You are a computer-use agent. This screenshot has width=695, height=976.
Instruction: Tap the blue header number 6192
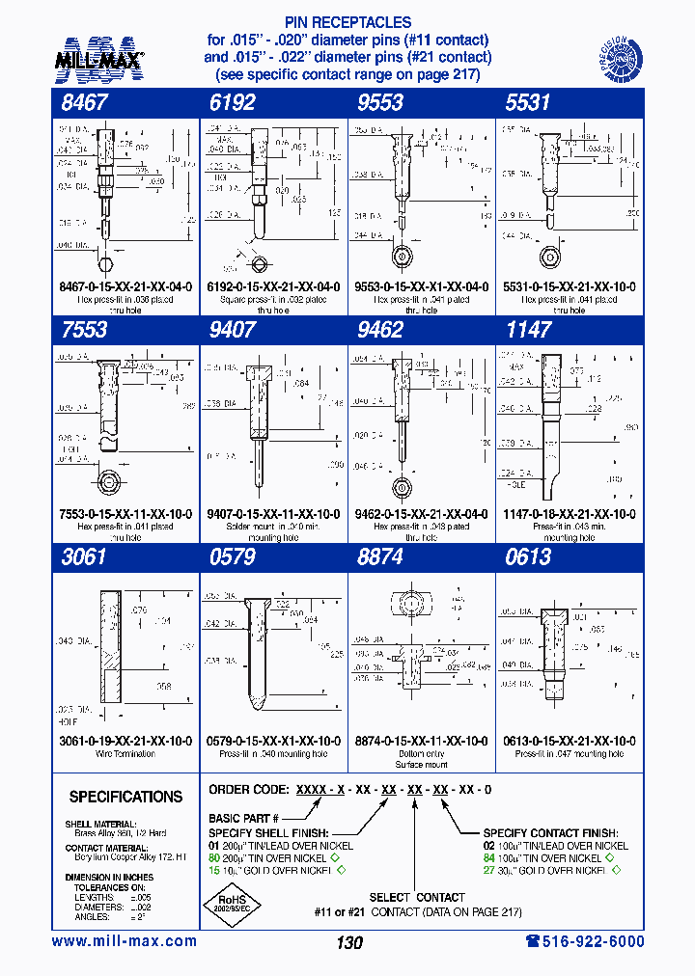coord(232,103)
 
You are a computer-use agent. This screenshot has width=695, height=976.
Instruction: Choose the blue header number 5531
coord(528,103)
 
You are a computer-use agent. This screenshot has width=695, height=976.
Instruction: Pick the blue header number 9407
coord(232,330)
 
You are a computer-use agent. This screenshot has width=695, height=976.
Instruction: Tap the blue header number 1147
coord(528,330)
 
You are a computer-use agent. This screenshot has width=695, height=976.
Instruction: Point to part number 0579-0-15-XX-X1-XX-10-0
coord(273,741)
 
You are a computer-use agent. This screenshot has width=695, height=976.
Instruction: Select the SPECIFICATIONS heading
coord(125,797)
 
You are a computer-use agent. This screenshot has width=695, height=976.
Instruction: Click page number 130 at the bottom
coord(349,942)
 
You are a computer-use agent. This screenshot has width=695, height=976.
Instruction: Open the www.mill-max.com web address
coord(124,941)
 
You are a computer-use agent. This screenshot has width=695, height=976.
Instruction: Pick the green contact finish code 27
coord(489,870)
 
